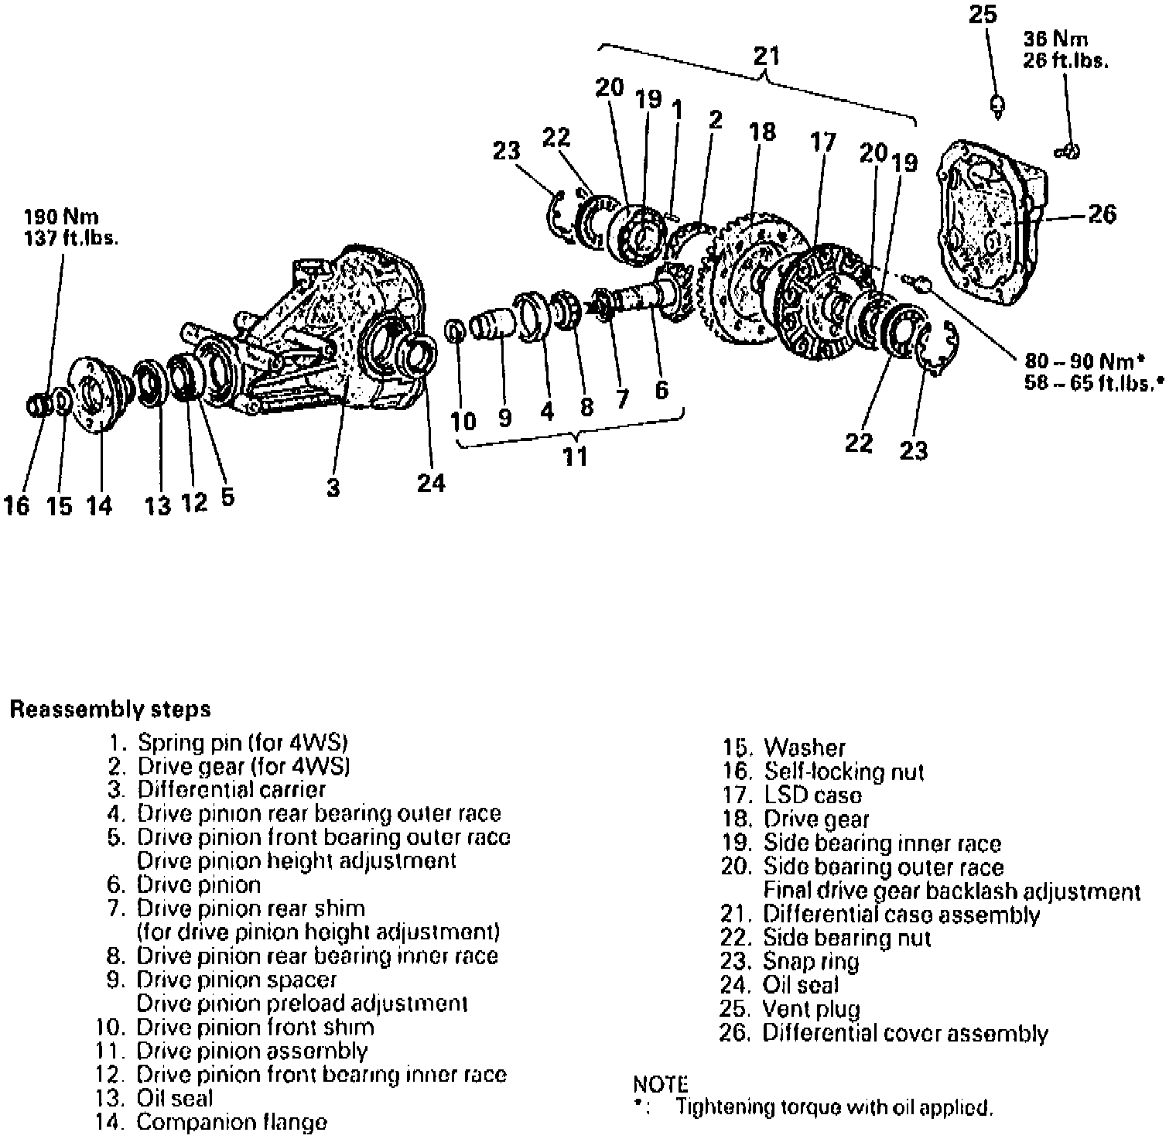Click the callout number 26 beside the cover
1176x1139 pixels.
coord(1102,214)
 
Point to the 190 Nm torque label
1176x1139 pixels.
coord(62,217)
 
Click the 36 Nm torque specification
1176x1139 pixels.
coord(1056,39)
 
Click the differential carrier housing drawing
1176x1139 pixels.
coord(325,333)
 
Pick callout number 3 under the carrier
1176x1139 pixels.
coord(333,488)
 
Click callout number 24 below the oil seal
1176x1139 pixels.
coord(431,483)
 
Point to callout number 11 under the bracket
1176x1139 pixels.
coord(575,457)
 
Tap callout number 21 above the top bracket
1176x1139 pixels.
coord(766,56)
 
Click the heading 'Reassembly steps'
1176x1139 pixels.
coord(110,709)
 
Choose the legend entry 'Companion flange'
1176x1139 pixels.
coord(231,1122)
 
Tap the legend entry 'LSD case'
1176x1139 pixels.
coord(812,795)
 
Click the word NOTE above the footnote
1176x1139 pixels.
coord(660,1084)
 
